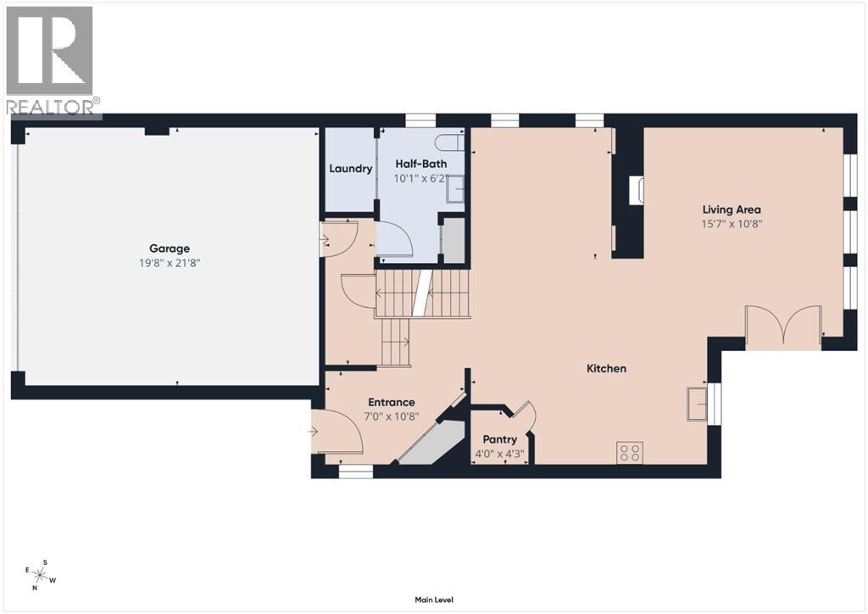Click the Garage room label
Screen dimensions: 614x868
click(x=170, y=248)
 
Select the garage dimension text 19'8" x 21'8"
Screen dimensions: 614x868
click(x=170, y=263)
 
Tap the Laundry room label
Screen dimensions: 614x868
click(x=351, y=169)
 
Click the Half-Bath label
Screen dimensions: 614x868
click(x=420, y=164)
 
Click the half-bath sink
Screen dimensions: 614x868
click(x=455, y=188)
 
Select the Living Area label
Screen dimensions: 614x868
click(x=732, y=209)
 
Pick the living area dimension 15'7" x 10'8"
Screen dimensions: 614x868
click(x=732, y=224)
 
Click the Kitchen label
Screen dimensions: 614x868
click(x=607, y=369)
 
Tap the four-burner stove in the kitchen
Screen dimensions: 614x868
click(x=630, y=453)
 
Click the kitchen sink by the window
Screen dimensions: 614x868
click(x=698, y=402)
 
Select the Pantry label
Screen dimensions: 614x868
click(x=499, y=440)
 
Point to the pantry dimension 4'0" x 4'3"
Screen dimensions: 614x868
click(x=499, y=455)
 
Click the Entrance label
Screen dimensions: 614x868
click(x=391, y=402)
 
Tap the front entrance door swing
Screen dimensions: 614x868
click(x=337, y=432)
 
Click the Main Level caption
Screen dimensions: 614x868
click(x=434, y=600)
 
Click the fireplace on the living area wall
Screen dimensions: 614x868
click(x=636, y=191)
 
